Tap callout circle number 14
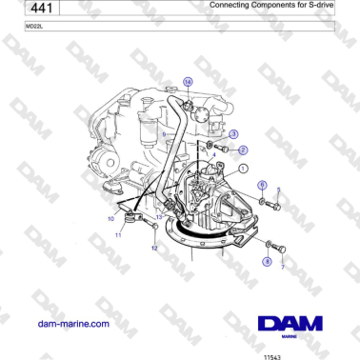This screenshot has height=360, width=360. point(188,83)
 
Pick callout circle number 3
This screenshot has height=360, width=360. point(234,134)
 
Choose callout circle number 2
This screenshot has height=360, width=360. point(243,150)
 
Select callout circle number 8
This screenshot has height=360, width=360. point(267,258)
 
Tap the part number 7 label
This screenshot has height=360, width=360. point(282,269)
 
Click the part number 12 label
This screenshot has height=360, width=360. point(154,249)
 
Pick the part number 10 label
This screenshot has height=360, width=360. point(110,218)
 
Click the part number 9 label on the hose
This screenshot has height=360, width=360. point(164,136)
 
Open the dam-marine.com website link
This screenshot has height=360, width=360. point(72,324)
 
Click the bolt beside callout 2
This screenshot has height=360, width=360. point(224,149)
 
